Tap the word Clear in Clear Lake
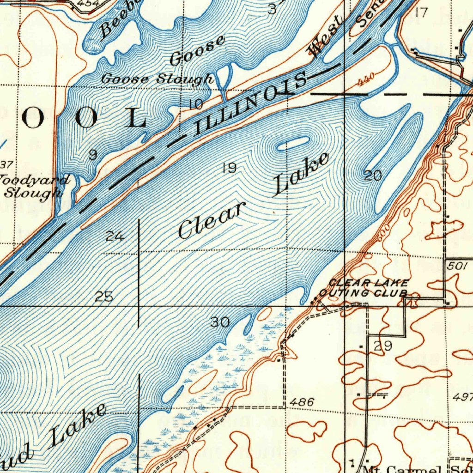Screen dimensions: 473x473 [x=211, y=222]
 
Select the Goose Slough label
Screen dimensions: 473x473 [x=157, y=79]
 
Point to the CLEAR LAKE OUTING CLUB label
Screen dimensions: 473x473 [x=365, y=288]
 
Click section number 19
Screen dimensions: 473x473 [x=230, y=168]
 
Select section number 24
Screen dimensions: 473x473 [x=115, y=237]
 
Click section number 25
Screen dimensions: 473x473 [x=104, y=297]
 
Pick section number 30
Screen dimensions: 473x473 [x=219, y=322]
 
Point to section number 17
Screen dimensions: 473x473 [x=421, y=12]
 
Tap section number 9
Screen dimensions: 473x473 [x=93, y=155]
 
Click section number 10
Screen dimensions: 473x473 [x=196, y=104]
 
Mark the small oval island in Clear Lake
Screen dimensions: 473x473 [x=293, y=144]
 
